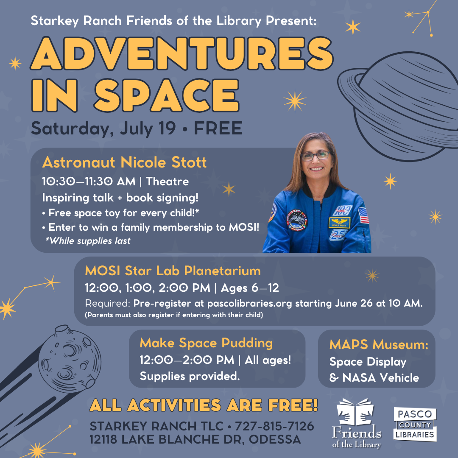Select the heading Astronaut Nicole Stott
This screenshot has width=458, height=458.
(124, 162)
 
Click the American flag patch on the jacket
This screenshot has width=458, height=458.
(363, 215)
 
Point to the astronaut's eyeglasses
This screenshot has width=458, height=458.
(316, 156)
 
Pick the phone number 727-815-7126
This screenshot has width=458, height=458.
(274, 426)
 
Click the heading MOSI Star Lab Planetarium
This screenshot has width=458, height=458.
(173, 271)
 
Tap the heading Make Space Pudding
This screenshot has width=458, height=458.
(206, 343)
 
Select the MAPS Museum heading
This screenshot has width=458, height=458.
(379, 345)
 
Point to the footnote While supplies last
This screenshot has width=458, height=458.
(88, 241)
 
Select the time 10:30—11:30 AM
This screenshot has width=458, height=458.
(89, 182)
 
